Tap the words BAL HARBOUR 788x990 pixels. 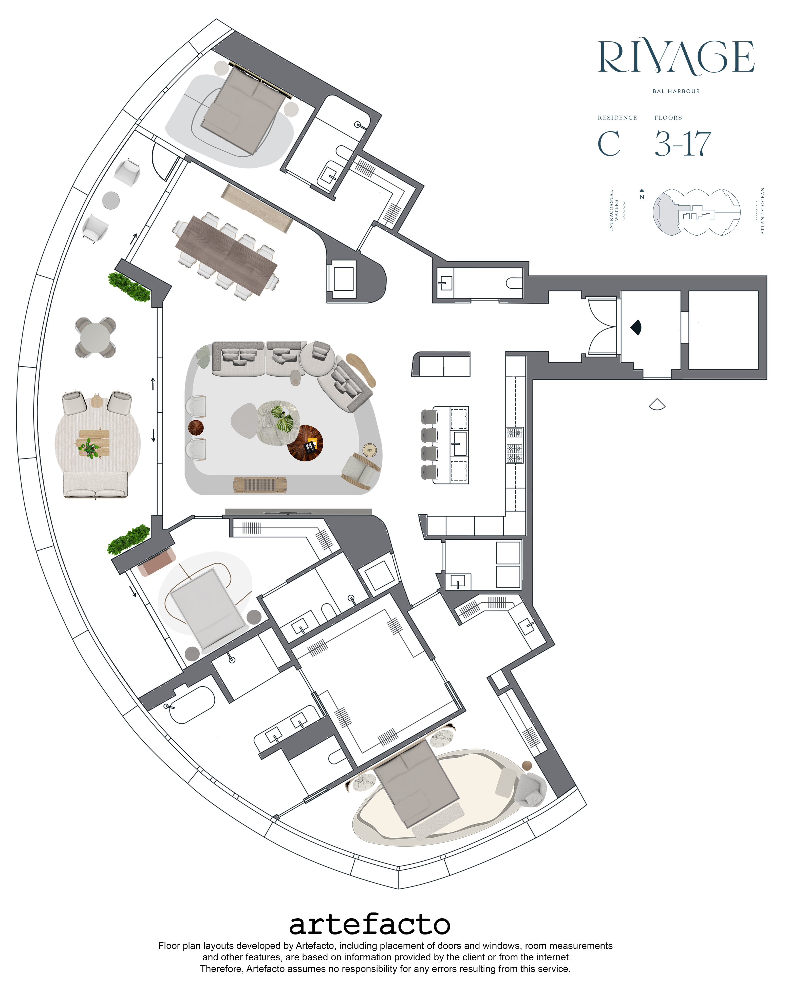[x=676, y=91]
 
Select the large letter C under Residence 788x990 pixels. [x=609, y=144]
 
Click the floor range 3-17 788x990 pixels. [x=683, y=144]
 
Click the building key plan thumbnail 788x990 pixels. [x=696, y=212]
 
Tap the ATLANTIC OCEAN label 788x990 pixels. [x=762, y=211]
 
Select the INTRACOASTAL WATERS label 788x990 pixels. [x=614, y=210]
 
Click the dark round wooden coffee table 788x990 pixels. [x=305, y=443]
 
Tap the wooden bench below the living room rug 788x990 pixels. [x=260, y=485]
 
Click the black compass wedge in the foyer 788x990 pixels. [x=636, y=327]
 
